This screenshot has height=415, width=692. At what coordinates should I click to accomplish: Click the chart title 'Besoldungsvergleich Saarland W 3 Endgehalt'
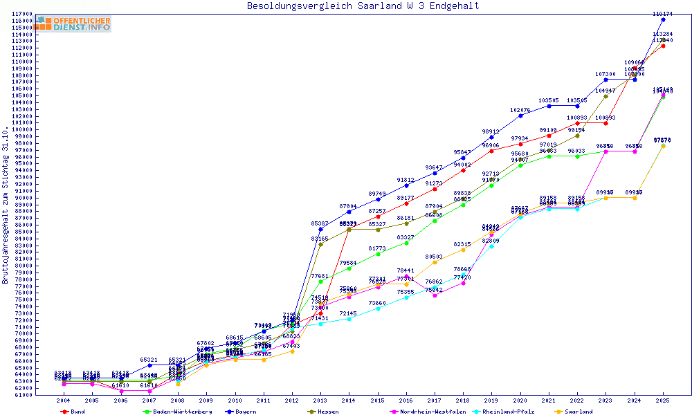[x=363, y=6]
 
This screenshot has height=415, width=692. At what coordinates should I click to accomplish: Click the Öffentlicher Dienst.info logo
[x=73, y=24]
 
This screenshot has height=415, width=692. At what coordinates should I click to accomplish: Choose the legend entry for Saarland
[x=579, y=412]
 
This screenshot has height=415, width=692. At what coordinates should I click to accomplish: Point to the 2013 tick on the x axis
[x=320, y=400]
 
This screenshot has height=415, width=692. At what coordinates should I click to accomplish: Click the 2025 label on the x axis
[x=663, y=400]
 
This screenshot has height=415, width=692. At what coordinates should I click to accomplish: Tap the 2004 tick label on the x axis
[x=63, y=400]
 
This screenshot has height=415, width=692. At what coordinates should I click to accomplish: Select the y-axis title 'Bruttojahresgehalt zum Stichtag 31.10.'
[x=6, y=205]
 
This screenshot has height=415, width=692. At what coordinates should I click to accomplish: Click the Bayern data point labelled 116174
[x=663, y=19]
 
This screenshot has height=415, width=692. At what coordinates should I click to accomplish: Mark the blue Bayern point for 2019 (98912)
[x=491, y=137]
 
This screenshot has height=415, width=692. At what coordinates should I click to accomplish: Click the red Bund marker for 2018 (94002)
[x=463, y=170]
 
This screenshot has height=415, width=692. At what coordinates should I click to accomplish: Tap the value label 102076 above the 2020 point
[x=520, y=110]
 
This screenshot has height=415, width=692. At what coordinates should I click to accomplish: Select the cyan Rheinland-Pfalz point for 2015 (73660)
[x=377, y=308]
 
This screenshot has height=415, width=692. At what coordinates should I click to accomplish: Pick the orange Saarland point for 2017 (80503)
[x=435, y=262]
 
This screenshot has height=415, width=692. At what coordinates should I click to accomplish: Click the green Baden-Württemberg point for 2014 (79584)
[x=349, y=268]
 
